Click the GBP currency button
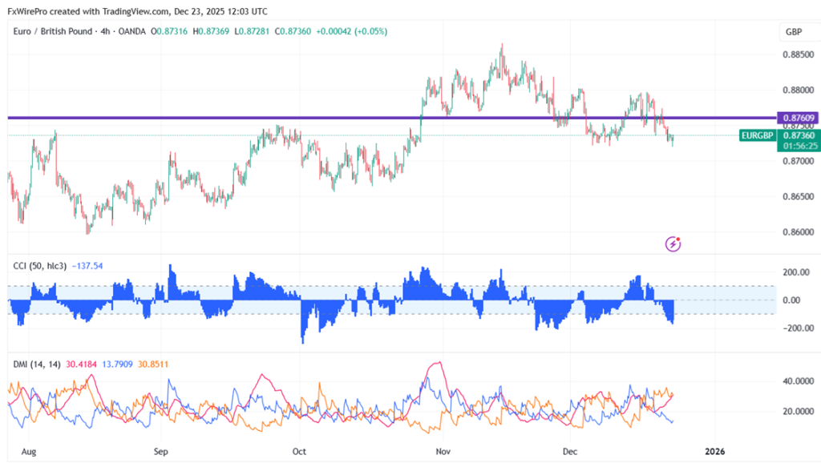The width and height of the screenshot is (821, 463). (794, 32)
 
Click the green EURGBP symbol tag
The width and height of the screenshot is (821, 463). (757, 135)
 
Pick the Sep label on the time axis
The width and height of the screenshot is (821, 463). (162, 451)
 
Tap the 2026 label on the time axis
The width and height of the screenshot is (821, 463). (714, 451)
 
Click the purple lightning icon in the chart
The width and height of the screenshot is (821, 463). (674, 243)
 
